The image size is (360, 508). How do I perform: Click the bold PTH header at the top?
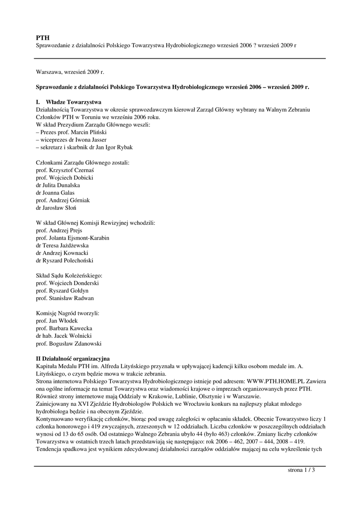pyautogui.click(x=43, y=38)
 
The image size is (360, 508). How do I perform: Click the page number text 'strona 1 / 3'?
pyautogui.click(x=301, y=470)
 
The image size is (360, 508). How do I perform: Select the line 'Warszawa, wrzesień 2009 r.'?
pyautogui.click(x=70, y=72)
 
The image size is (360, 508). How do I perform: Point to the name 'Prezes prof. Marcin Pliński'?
pyautogui.click(x=73, y=132)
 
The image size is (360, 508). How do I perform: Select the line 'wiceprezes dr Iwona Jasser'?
pyautogui.click(x=72, y=140)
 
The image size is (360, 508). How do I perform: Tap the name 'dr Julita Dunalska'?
pyautogui.click(x=59, y=185)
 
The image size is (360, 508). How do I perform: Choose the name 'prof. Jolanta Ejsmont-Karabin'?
pyautogui.click(x=72, y=238)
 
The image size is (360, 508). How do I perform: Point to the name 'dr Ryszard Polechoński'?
pyautogui.click(x=65, y=260)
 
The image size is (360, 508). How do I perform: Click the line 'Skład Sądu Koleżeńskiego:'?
pyautogui.click(x=69, y=275)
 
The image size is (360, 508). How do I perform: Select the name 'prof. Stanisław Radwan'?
pyautogui.click(x=65, y=298)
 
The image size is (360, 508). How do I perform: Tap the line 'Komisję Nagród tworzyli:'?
pyautogui.click(x=68, y=314)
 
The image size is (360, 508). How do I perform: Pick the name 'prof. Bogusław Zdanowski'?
pyautogui.click(x=69, y=343)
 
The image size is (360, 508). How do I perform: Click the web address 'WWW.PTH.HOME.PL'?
pyautogui.click(x=279, y=381)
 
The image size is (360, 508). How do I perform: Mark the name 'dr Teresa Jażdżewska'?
pyautogui.click(x=63, y=245)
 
